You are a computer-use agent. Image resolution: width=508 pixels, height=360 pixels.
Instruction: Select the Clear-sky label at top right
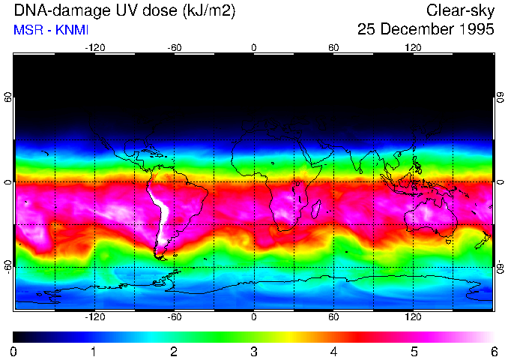pyautogui.click(x=460, y=10)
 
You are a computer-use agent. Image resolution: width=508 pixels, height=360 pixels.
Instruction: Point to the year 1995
pyautogui.click(x=477, y=30)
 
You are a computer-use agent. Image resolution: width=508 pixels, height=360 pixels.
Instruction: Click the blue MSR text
pyautogui.click(x=26, y=30)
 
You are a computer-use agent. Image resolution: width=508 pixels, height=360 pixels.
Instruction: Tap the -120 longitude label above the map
pyautogui.click(x=94, y=48)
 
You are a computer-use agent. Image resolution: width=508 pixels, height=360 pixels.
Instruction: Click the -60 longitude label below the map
pyautogui.click(x=175, y=316)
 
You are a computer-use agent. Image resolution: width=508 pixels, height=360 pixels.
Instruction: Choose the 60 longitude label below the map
pyautogui.click(x=334, y=316)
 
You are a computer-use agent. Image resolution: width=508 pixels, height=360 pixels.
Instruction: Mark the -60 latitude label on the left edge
pyautogui.click(x=8, y=265)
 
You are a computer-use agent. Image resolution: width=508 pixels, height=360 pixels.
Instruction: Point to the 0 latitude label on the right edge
pyautogui.click(x=500, y=182)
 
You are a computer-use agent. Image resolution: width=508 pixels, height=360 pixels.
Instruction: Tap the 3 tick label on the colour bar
pyautogui.click(x=254, y=351)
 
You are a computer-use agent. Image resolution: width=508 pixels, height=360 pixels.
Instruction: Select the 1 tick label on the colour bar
pyautogui.click(x=94, y=351)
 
